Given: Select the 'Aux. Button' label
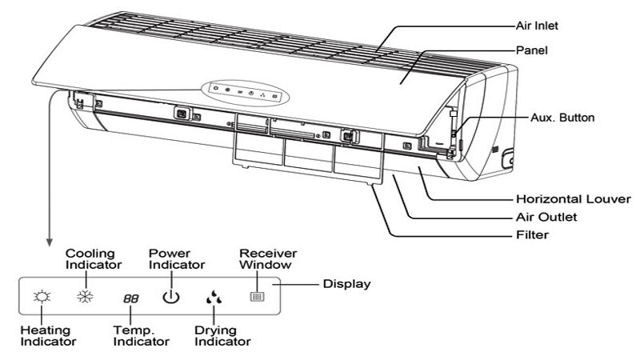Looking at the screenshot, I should click(x=562, y=118).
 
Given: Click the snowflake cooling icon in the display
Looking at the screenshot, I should click(x=82, y=298).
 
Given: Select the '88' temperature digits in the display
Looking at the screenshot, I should click(x=130, y=299).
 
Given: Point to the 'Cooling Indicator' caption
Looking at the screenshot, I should click(x=94, y=258).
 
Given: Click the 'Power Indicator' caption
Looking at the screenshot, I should click(x=177, y=258).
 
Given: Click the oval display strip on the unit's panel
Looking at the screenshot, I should click(x=243, y=92).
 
